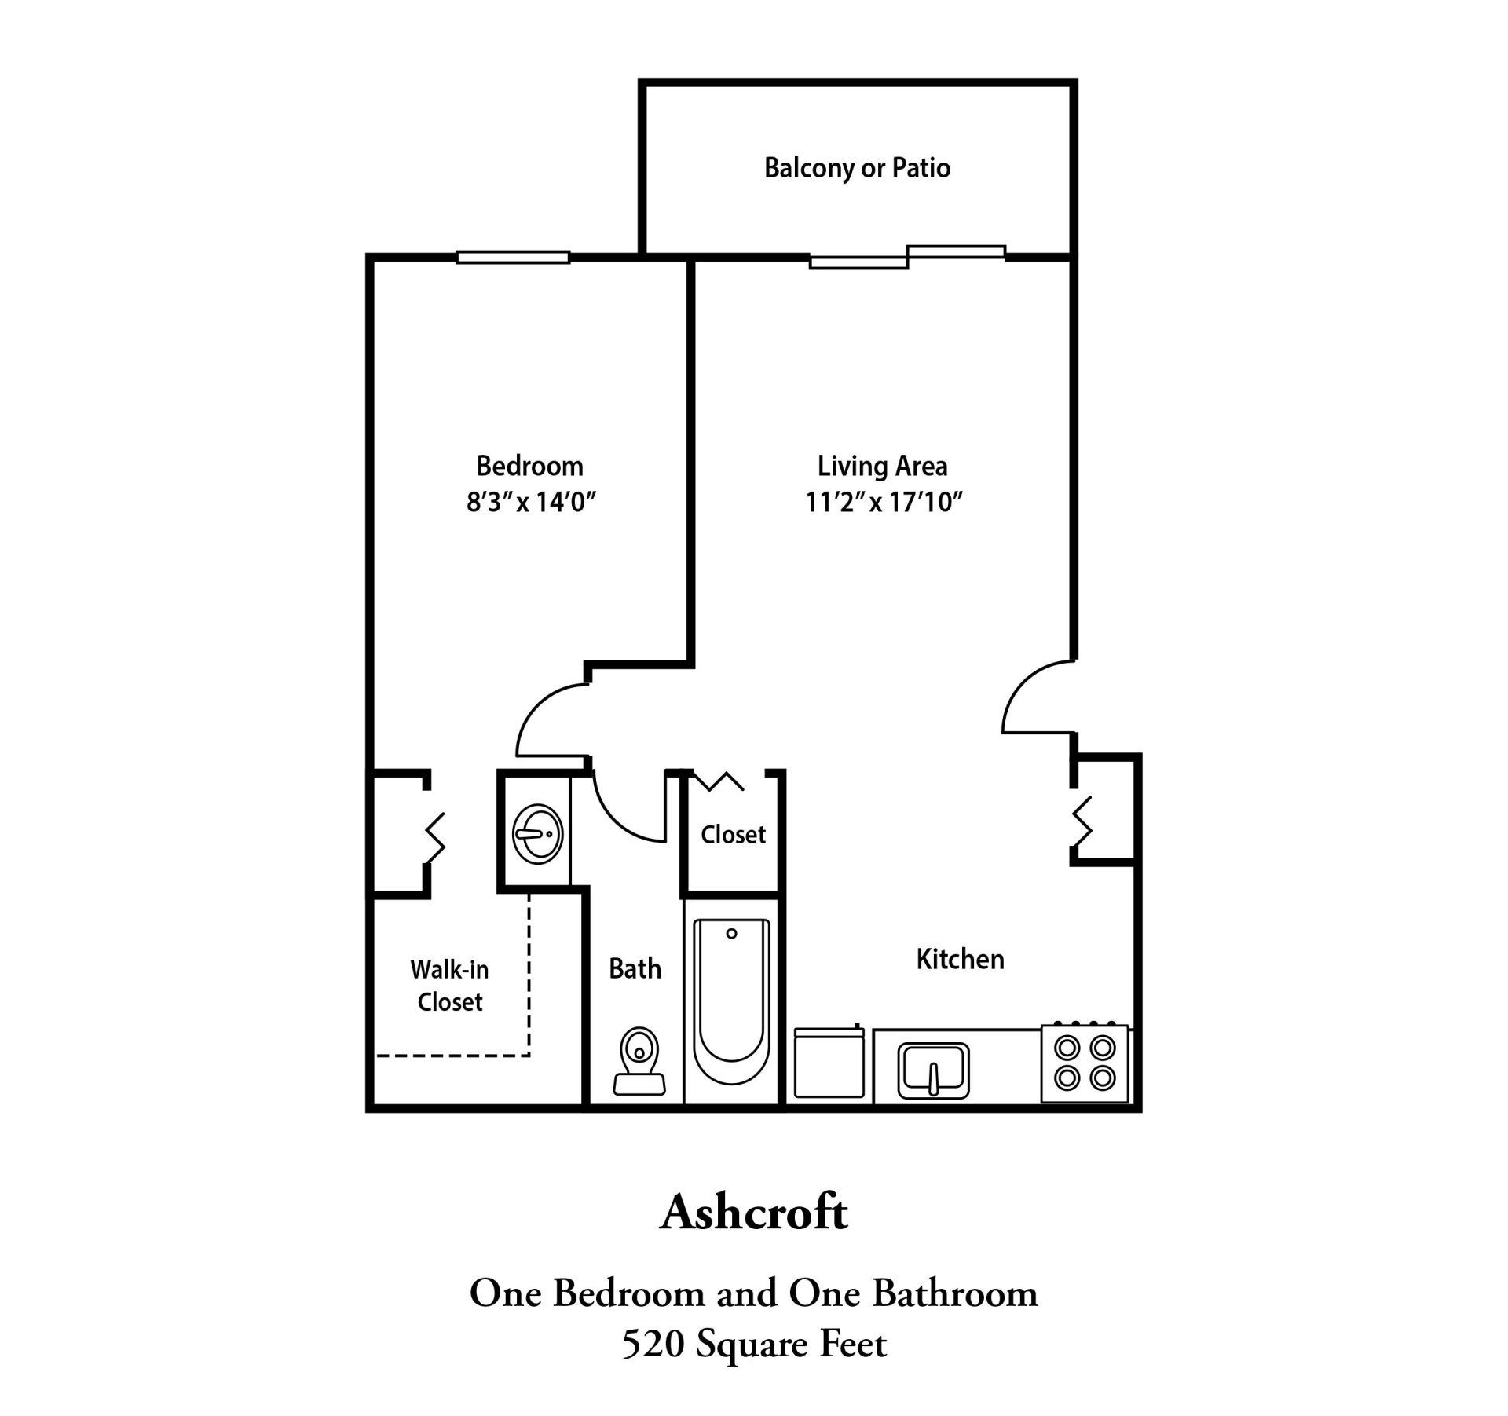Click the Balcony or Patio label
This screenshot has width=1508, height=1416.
pyautogui.click(x=857, y=168)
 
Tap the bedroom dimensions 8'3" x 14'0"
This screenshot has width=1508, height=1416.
pyautogui.click(x=532, y=502)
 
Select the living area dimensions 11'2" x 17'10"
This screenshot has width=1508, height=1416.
pyautogui.click(x=884, y=502)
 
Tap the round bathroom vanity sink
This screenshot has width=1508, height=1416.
pyautogui.click(x=537, y=832)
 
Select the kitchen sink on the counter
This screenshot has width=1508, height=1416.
pyautogui.click(x=933, y=1070)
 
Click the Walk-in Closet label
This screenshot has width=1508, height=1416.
pyautogui.click(x=449, y=986)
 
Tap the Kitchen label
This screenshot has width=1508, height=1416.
pyautogui.click(x=960, y=959)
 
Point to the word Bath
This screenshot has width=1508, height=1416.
pyautogui.click(x=635, y=968)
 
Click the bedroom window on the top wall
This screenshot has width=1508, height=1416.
pyautogui.click(x=513, y=257)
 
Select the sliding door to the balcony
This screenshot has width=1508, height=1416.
pyautogui.click(x=907, y=257)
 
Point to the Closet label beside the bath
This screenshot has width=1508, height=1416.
pyautogui.click(x=733, y=834)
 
